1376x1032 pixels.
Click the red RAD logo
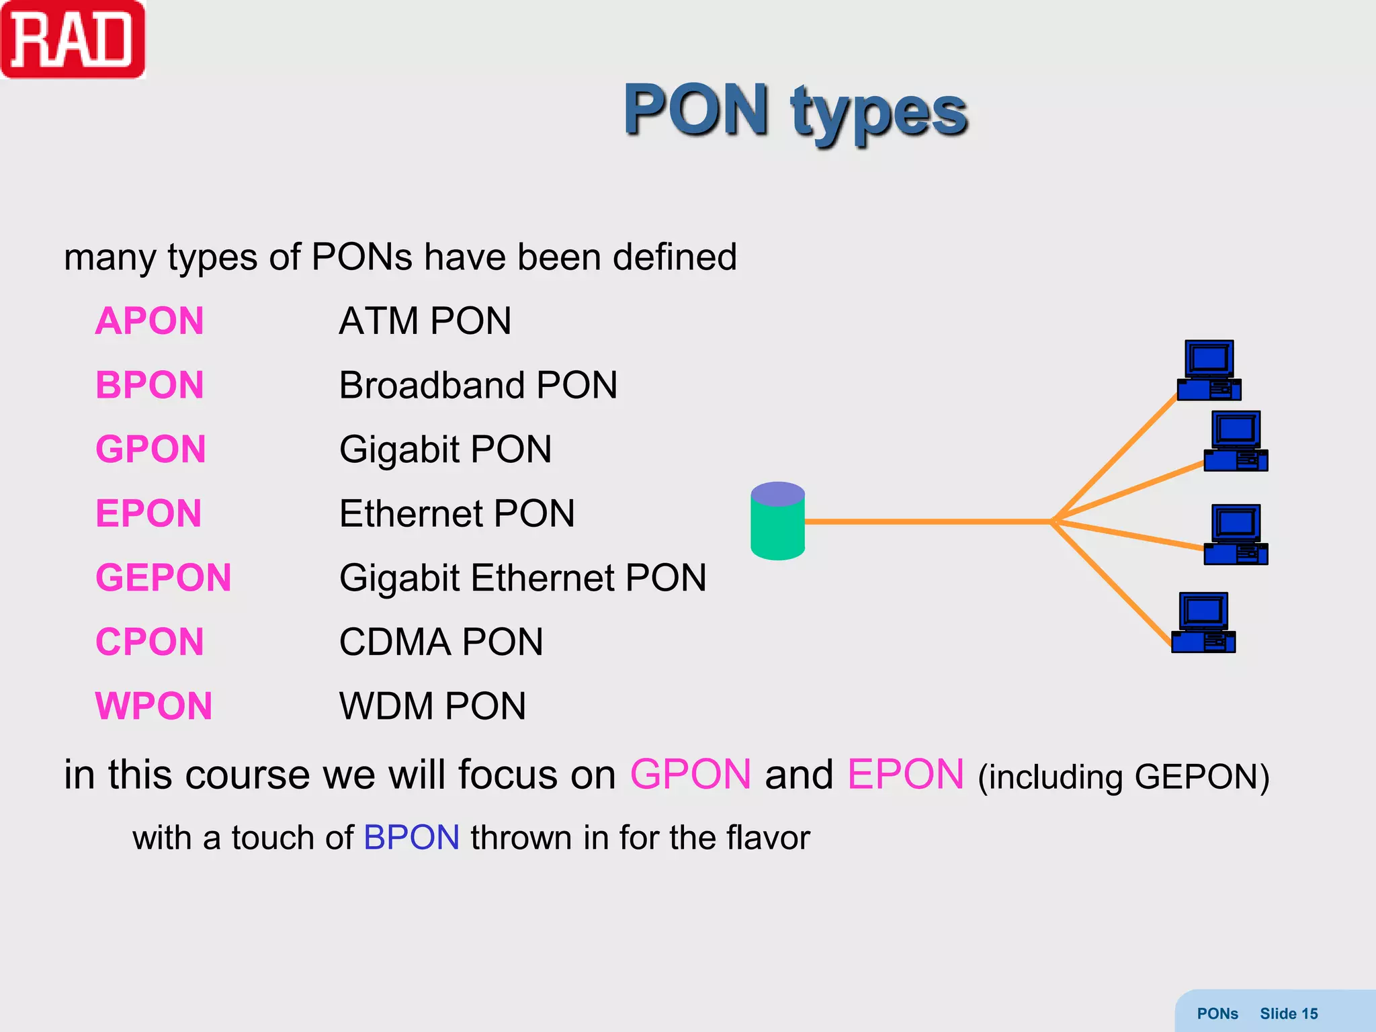click(x=73, y=39)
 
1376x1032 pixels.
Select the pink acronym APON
click(x=149, y=321)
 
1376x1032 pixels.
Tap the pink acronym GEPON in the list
click(x=163, y=578)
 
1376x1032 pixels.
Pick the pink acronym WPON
click(x=154, y=706)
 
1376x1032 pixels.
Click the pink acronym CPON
click(x=149, y=642)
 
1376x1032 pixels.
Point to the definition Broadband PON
click(x=478, y=386)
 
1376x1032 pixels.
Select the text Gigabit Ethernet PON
click(x=523, y=578)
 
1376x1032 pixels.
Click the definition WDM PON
click(x=432, y=706)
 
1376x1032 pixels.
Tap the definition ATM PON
click(x=425, y=321)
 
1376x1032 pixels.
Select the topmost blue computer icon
click(x=1209, y=370)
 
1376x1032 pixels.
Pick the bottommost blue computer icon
click(x=1203, y=622)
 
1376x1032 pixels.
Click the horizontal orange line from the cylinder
click(x=927, y=521)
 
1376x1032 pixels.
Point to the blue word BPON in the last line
click(x=411, y=838)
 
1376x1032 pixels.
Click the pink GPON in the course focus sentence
click(x=690, y=775)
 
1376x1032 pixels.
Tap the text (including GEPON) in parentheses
click(x=1123, y=777)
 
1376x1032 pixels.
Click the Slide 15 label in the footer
click(x=1288, y=1014)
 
